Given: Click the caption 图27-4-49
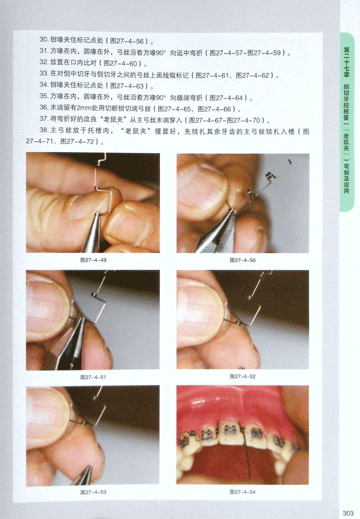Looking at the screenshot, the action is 93,260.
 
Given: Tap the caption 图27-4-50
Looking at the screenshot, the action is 243,260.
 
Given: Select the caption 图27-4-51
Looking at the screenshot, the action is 93,377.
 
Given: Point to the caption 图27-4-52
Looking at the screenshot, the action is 243,377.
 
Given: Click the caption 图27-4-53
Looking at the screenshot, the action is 93,492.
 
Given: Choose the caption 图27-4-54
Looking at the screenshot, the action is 243,492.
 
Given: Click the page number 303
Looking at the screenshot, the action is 348,513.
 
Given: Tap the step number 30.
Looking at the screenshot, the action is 44,39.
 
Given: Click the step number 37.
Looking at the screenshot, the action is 44,119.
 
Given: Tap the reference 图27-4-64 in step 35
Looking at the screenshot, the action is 226,98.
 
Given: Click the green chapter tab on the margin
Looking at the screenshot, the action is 347,122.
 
